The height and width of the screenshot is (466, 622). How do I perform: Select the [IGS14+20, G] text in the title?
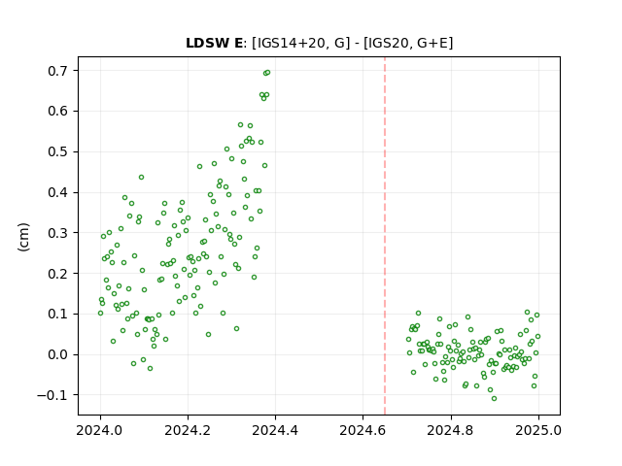point(301,43)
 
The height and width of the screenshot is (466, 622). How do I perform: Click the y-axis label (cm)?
point(23,237)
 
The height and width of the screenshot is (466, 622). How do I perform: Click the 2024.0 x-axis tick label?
point(100,430)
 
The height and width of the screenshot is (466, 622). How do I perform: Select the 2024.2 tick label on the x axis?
point(188,430)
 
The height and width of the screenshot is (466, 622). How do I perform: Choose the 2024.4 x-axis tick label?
point(275,430)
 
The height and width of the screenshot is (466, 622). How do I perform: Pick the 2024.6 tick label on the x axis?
point(363,430)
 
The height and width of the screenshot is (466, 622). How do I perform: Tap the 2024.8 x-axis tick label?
point(451,430)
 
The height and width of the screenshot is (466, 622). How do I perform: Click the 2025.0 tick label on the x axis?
point(538,430)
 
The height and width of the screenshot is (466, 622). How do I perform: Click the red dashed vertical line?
point(385,236)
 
